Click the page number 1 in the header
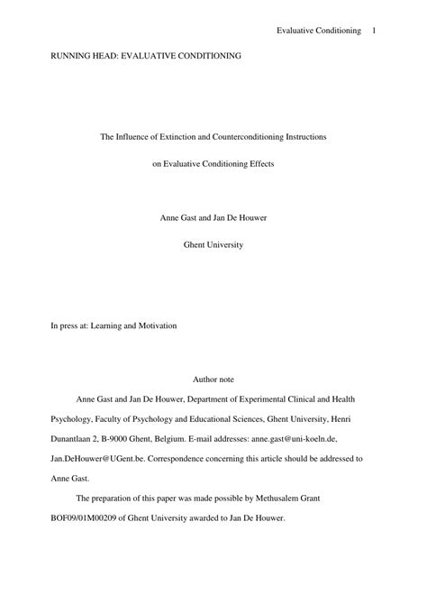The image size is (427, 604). click(x=373, y=32)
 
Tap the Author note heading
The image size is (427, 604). click(x=213, y=380)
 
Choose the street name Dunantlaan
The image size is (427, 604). click(x=76, y=438)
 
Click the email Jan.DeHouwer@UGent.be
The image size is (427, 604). click(x=92, y=459)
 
